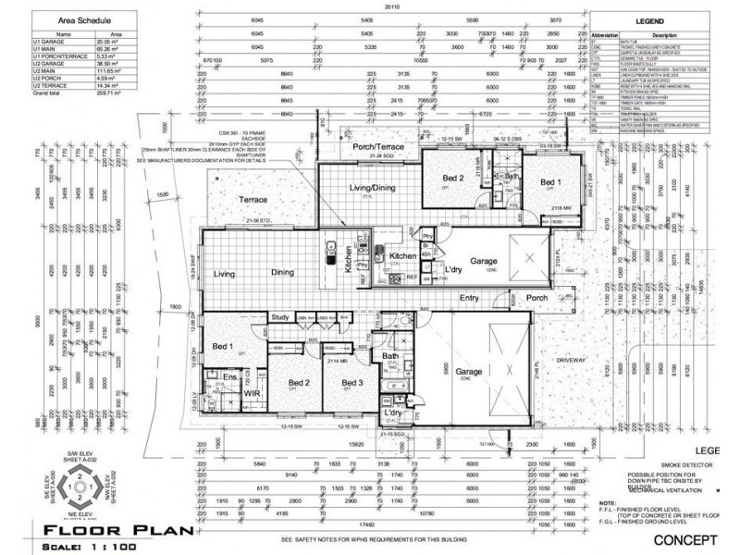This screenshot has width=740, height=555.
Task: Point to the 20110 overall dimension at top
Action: coord(392,6)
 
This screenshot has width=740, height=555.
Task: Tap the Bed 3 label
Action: coord(351,382)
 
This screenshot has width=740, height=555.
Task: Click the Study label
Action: coord(280,317)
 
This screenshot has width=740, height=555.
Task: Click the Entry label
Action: coord(469,298)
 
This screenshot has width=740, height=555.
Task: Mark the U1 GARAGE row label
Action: coord(48,42)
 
